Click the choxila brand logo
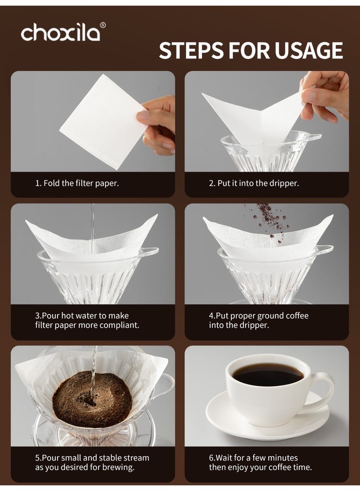tap(60, 33)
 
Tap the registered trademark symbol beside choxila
tap(103, 25)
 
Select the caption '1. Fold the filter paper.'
tap(77, 184)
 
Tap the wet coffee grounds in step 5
tap(92, 399)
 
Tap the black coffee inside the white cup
tap(268, 374)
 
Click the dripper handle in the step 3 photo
tap(151, 251)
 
